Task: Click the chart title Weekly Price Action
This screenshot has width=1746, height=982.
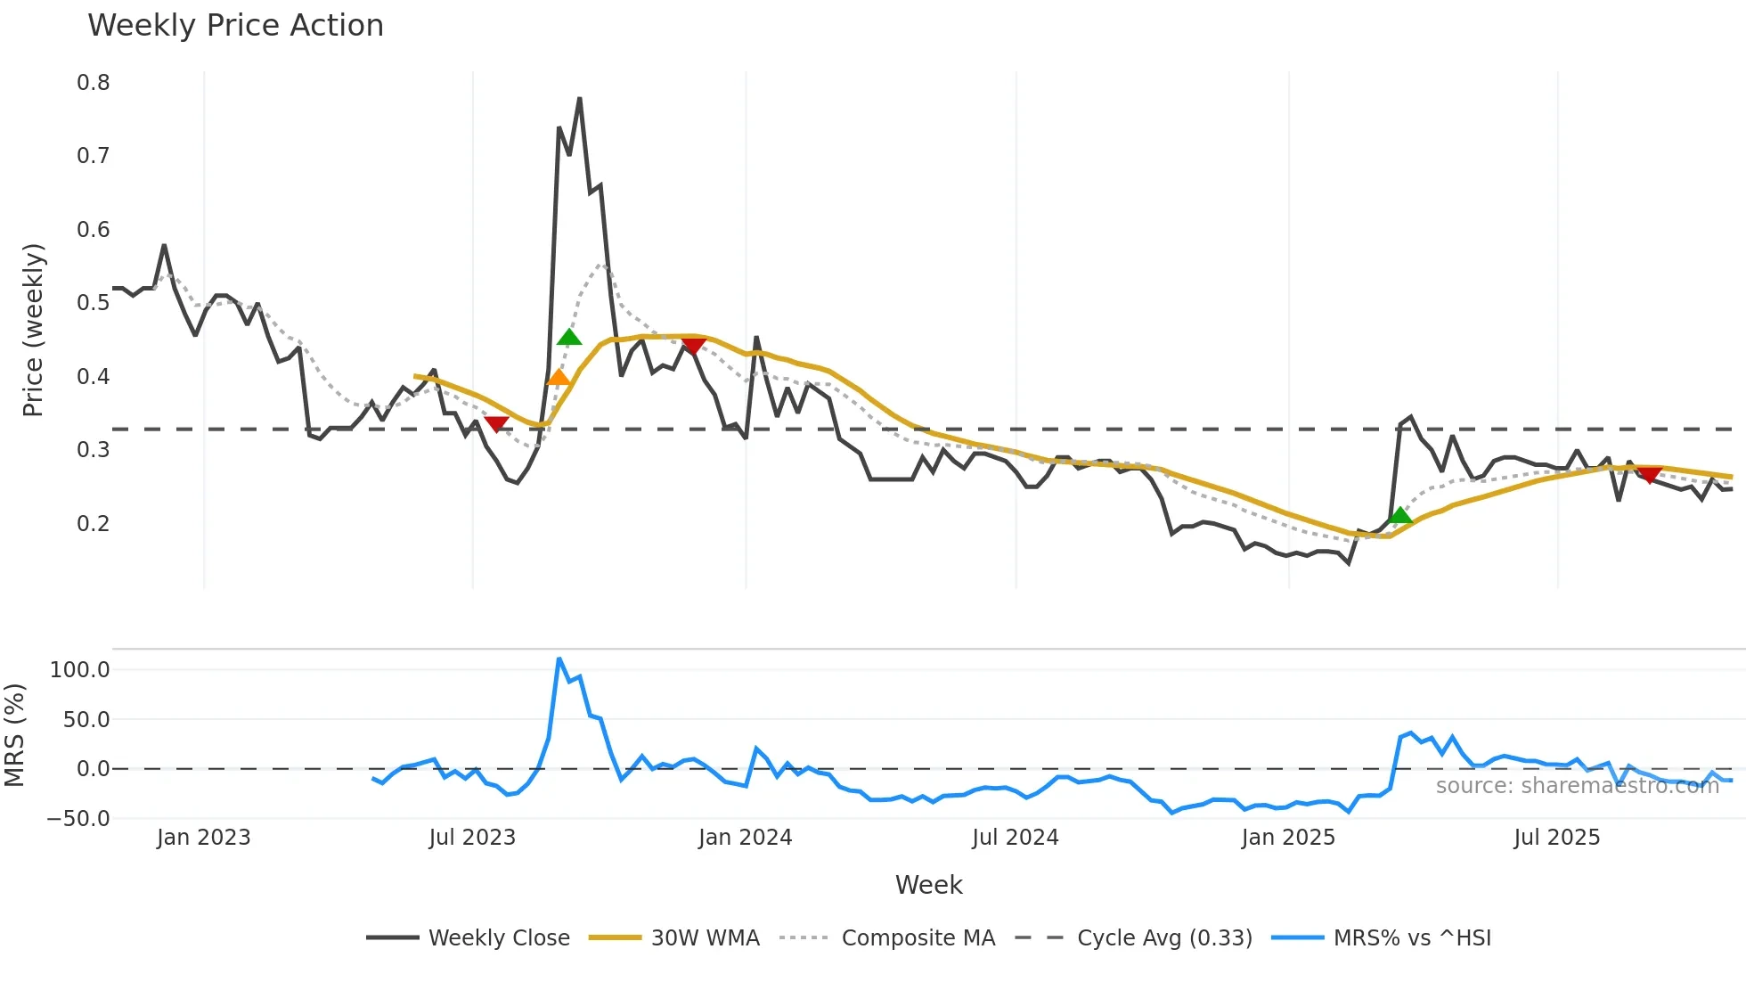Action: click(x=235, y=26)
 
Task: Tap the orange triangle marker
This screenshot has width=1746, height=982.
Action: click(x=559, y=378)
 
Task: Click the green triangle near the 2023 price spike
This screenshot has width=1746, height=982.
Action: click(x=569, y=337)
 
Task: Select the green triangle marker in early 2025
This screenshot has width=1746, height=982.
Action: click(x=1400, y=515)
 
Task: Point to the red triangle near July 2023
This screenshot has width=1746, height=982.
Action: click(x=496, y=424)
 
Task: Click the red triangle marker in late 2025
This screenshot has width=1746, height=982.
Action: click(x=1649, y=475)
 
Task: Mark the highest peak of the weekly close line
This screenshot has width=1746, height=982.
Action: click(x=580, y=98)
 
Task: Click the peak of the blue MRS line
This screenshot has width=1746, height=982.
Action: click(x=559, y=659)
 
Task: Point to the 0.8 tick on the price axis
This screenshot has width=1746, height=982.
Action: click(x=94, y=83)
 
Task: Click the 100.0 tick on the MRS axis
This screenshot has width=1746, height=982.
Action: click(x=80, y=670)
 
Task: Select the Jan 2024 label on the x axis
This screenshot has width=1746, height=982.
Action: click(x=745, y=838)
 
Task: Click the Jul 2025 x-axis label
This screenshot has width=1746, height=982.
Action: click(x=1556, y=838)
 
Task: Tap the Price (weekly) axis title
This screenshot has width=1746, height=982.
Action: click(x=33, y=330)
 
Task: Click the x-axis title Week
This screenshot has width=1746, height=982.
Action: click(x=928, y=885)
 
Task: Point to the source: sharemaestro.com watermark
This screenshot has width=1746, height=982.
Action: click(x=1577, y=786)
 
